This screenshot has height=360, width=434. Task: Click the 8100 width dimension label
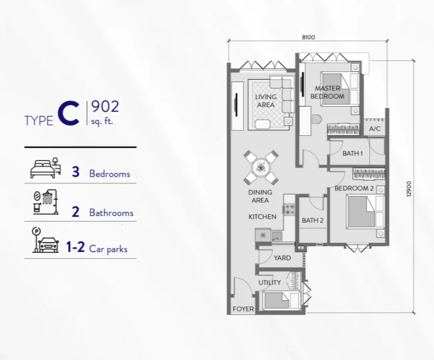tap(308, 37)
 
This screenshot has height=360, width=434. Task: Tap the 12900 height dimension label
tap(409, 189)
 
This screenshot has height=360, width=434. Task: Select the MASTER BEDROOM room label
tap(327, 92)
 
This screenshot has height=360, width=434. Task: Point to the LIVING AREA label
tap(266, 101)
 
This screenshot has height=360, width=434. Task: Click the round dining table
tap(260, 167)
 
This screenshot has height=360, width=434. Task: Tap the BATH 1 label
tap(352, 153)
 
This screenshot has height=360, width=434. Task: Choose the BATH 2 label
tap(312, 220)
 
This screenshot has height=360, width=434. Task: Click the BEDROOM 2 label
tap(354, 188)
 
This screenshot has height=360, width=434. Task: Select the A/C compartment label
tap(375, 128)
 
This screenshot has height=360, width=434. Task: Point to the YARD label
tap(282, 258)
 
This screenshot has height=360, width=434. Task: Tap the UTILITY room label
tap(269, 283)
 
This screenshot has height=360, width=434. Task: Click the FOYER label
tap(244, 309)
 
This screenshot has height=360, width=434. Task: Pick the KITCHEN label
tap(262, 217)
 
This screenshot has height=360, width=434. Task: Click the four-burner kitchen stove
tap(289, 210)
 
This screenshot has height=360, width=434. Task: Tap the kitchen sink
tap(277, 236)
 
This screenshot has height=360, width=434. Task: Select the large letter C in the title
tap(68, 114)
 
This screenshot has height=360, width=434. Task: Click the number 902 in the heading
tap(105, 107)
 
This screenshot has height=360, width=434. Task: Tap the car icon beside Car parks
tap(48, 245)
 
